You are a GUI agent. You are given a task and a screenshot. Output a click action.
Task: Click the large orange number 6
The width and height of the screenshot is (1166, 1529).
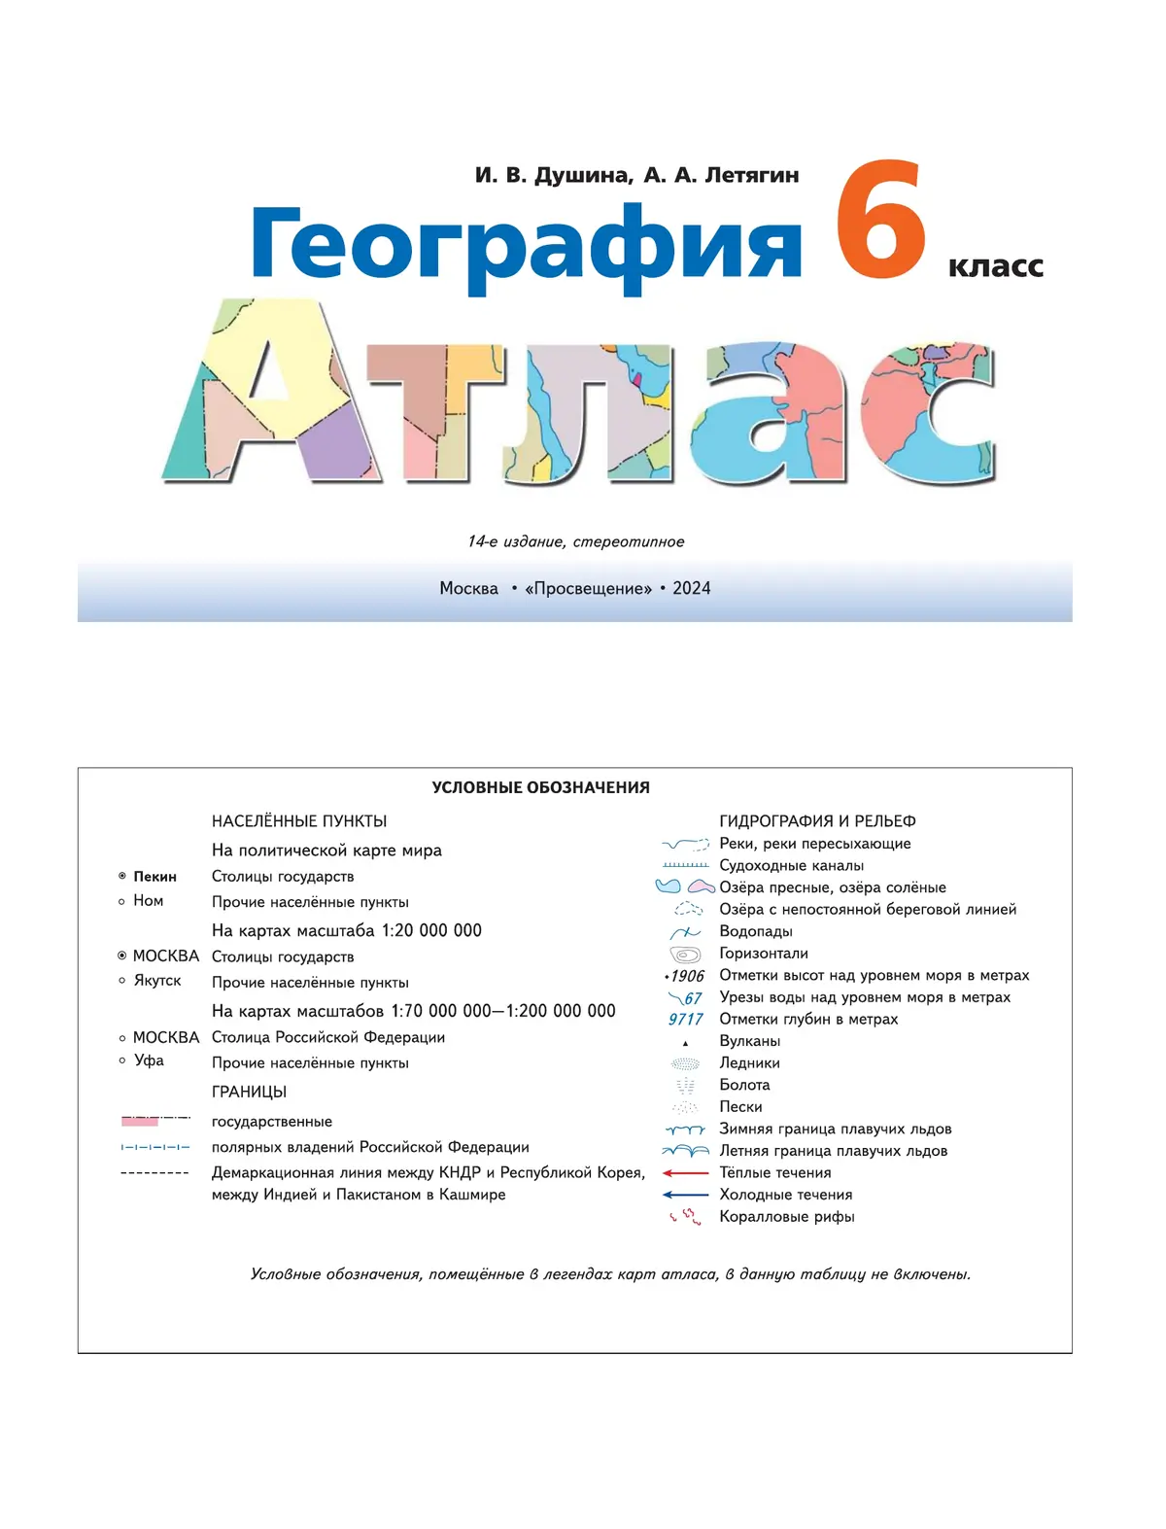click(x=880, y=222)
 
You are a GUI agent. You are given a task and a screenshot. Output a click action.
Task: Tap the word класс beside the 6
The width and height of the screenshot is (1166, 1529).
click(x=995, y=266)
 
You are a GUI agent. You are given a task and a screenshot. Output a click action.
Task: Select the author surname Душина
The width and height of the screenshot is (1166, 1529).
click(x=582, y=175)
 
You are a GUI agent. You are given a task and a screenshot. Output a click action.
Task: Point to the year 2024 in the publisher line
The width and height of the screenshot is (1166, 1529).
click(x=691, y=588)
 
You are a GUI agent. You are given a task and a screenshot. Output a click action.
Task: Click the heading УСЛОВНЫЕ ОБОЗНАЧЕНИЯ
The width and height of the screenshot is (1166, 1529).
click(x=540, y=787)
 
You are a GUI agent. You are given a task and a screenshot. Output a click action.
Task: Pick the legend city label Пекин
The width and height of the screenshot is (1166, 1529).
click(x=154, y=877)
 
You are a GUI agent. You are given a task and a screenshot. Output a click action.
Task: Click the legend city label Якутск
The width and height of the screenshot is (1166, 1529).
click(x=157, y=980)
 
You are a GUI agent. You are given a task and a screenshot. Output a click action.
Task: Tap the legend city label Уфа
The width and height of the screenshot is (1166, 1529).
click(x=149, y=1060)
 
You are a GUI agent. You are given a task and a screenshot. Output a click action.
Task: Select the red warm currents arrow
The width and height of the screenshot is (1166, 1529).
click(x=685, y=1173)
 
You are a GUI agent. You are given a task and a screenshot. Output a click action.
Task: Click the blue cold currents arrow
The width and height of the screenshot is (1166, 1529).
click(x=685, y=1195)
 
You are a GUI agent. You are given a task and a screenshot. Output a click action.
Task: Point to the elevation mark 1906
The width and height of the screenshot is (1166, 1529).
click(x=687, y=976)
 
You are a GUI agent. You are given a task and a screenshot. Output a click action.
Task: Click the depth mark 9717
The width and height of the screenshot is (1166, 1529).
click(x=685, y=1019)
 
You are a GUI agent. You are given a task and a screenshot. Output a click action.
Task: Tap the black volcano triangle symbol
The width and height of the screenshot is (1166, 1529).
click(x=685, y=1043)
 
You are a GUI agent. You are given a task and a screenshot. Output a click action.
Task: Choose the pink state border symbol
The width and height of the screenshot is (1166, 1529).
click(x=141, y=1121)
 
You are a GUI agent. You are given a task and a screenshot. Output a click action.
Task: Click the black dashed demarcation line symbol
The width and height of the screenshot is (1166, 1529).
click(x=154, y=1173)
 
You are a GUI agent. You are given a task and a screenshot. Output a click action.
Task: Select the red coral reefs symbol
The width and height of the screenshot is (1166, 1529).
click(x=685, y=1216)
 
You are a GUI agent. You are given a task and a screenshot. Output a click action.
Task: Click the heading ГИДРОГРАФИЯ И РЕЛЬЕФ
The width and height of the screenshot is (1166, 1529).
click(x=817, y=821)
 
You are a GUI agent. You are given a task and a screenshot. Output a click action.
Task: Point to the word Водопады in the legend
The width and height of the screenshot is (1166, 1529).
click(x=755, y=931)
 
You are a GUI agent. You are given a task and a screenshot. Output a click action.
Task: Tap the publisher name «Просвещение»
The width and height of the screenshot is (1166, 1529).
click(x=588, y=588)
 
